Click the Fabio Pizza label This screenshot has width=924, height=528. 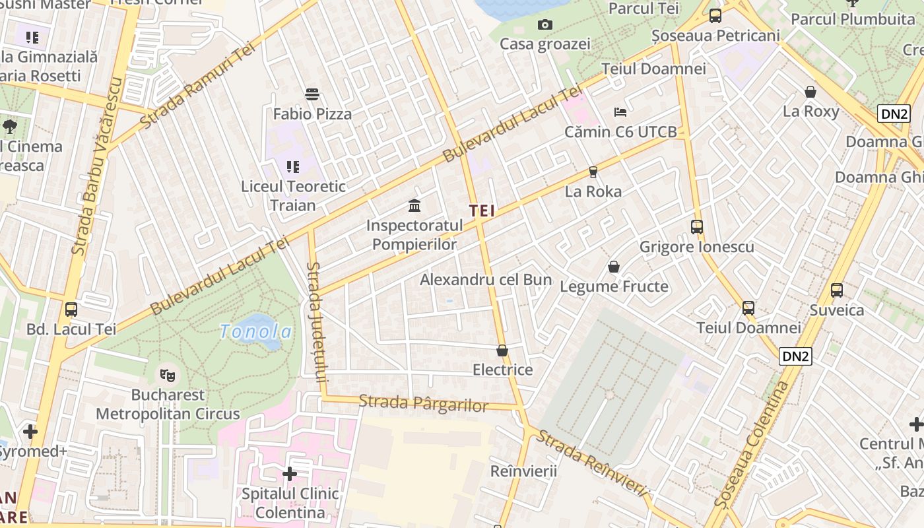click(312, 114)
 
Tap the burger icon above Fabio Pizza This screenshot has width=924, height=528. click(312, 94)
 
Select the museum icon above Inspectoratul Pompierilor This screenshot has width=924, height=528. click(414, 205)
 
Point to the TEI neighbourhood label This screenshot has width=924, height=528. click(482, 211)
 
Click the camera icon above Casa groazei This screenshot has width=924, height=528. click(545, 25)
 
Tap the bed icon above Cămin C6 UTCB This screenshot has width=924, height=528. click(620, 112)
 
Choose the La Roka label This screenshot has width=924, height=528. click(593, 191)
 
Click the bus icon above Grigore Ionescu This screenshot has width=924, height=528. click(697, 227)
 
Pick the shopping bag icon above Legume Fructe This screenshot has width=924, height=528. click(614, 267)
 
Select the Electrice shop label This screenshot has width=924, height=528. click(503, 370)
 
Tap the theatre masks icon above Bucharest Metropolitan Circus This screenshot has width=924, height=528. click(168, 376)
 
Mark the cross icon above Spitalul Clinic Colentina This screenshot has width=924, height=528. click(290, 474)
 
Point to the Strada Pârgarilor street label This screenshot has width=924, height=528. click(424, 403)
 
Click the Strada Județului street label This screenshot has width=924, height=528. click(317, 322)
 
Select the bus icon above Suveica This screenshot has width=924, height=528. click(837, 290)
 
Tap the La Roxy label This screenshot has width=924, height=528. click(810, 112)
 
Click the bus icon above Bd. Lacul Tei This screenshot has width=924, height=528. click(71, 309)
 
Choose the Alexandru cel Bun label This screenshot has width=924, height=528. click(486, 280)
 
